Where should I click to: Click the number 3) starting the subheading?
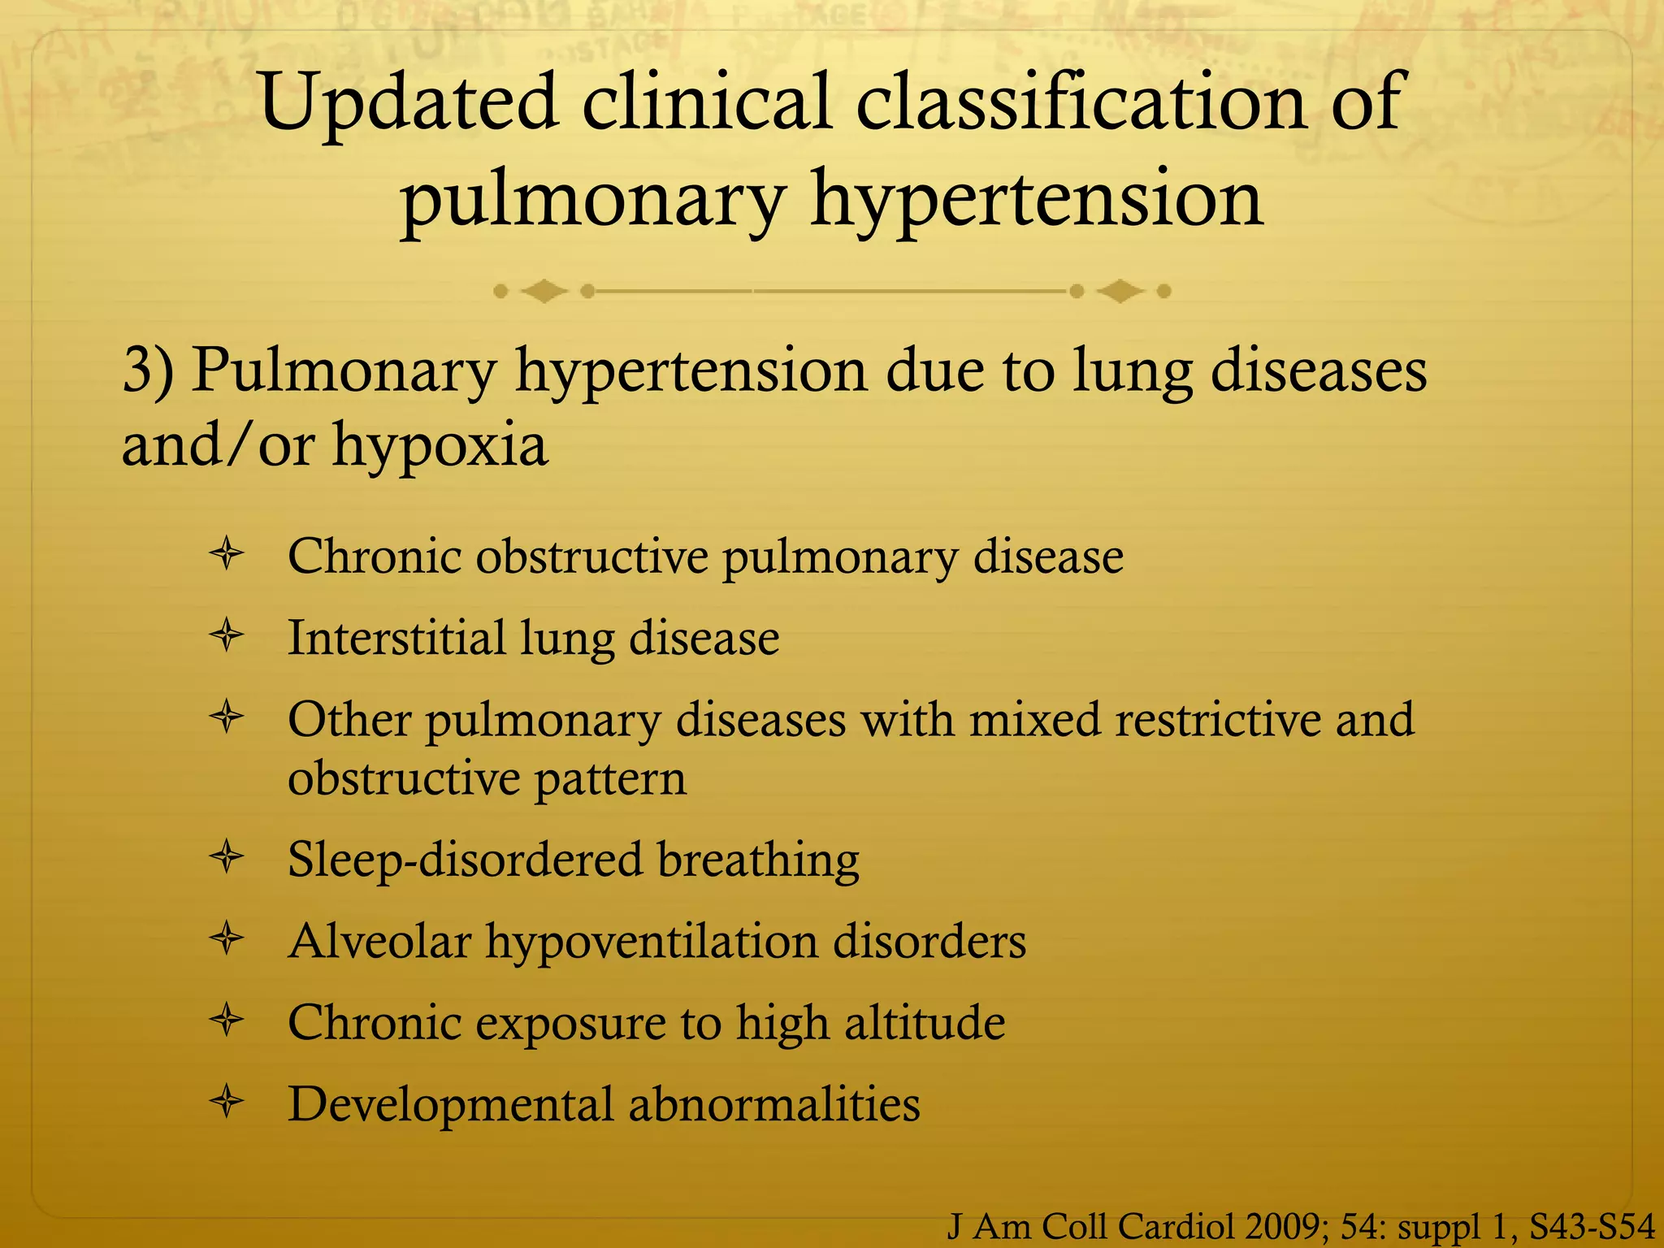148,370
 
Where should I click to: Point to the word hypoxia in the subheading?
440,446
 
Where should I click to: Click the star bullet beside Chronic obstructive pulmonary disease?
227,556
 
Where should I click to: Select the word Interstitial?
397,638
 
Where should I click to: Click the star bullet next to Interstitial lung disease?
227,636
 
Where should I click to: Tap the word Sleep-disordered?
466,860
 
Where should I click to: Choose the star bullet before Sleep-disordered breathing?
227,858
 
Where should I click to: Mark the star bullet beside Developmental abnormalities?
227,1103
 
